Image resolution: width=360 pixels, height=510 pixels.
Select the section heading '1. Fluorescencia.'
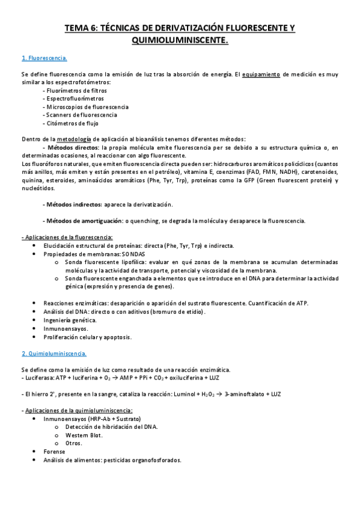(44, 58)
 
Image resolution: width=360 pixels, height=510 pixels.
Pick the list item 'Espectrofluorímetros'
(73, 98)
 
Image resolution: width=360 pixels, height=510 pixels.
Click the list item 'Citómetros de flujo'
(71, 123)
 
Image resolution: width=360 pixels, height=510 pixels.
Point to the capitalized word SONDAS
(139, 254)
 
